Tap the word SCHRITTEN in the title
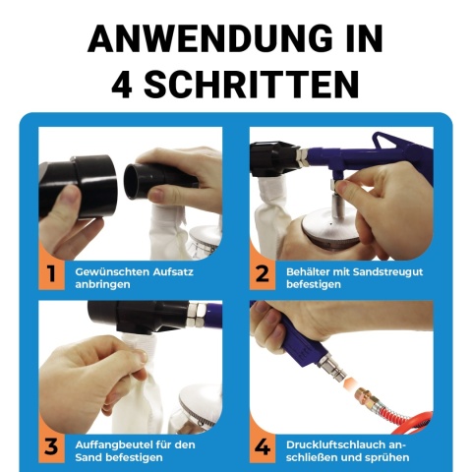(x=252, y=84)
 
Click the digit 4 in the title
(x=122, y=85)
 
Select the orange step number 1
(x=51, y=274)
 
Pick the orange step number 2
(x=262, y=274)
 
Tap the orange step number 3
(x=51, y=447)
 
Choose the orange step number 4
(x=263, y=447)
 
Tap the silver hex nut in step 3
(x=197, y=315)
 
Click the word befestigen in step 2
(x=314, y=285)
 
